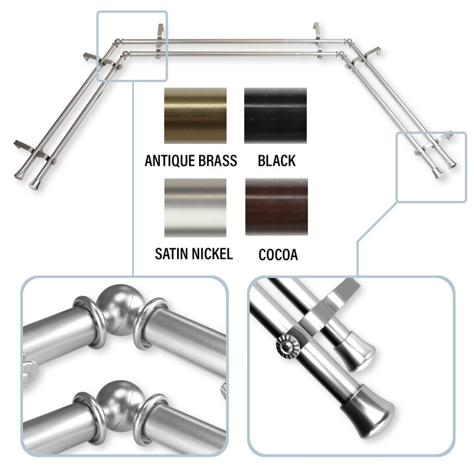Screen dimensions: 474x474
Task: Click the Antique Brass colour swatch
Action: coord(196,116)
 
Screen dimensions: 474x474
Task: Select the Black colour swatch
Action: coord(276,116)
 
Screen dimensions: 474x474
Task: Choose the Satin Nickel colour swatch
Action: coord(196,207)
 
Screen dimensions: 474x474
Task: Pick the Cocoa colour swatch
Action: coord(276,207)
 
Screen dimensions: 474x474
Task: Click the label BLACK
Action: coord(277,161)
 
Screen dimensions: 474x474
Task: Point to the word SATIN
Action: coord(171,254)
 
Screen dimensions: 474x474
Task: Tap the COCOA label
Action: coord(278,255)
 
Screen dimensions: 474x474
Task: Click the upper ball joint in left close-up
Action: coord(121,310)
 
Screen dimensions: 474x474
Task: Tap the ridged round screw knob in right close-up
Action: coord(288,346)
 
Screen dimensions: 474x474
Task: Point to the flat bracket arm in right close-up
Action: coord(329,308)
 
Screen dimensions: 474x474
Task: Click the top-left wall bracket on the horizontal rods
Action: coord(160,41)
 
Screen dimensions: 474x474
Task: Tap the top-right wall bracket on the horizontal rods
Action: coord(318,40)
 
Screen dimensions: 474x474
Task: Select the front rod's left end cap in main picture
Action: coord(34,184)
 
